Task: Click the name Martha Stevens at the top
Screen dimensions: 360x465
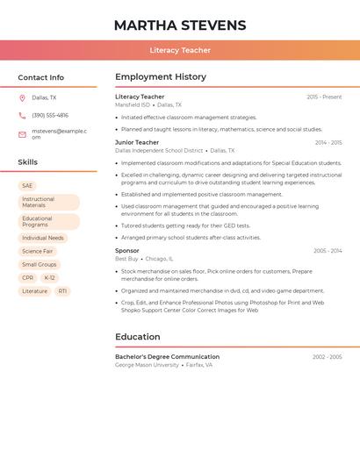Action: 180,25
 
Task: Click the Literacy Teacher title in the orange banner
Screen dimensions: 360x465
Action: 180,50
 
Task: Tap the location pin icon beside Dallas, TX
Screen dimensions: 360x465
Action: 22,98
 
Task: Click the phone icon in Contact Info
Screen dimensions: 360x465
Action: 22,115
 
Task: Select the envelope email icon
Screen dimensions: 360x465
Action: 22,134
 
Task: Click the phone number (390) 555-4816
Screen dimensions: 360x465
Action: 50,115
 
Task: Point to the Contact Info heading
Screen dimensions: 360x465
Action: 40,77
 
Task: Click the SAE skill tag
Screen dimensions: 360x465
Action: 27,186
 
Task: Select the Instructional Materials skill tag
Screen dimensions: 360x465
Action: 48,202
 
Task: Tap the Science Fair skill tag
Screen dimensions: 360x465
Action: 38,251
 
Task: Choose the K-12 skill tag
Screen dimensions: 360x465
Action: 49,277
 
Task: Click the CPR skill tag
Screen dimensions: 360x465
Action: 27,277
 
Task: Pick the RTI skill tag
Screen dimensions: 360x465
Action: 63,290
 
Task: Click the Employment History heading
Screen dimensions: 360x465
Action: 161,77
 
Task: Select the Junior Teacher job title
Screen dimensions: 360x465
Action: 137,142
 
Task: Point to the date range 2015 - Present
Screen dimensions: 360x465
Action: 324,97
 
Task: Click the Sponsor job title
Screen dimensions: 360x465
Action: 127,251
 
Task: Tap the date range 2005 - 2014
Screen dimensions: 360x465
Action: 328,251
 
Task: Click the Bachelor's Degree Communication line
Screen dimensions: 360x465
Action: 167,357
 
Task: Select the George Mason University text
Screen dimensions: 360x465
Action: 147,365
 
